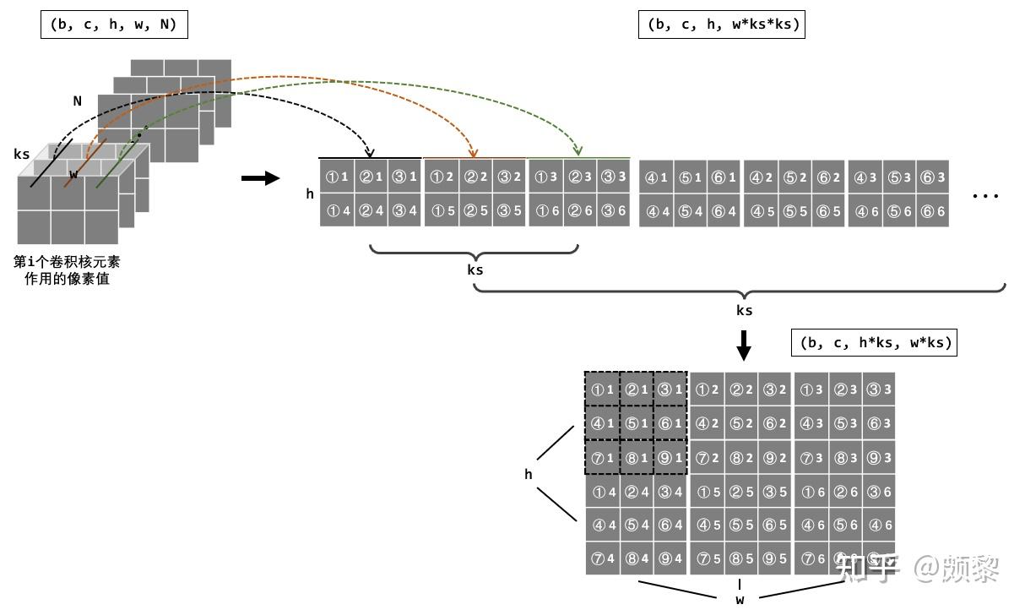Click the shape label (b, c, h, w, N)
[113, 25]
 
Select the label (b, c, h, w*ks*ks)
[723, 25]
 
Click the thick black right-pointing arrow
[260, 178]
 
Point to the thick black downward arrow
[744, 345]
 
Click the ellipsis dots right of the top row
[984, 196]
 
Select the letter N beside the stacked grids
[78, 101]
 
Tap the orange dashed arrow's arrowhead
[474, 154]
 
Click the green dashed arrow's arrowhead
[578, 151]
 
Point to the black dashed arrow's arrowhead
[368, 153]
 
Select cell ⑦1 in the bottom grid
[603, 458]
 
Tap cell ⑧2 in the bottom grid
[740, 458]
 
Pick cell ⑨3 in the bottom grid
[879, 458]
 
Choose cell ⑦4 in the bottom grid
[603, 558]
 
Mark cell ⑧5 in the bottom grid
[740, 558]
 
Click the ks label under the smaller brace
[475, 270]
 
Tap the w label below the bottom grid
[740, 600]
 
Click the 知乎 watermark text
[867, 569]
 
